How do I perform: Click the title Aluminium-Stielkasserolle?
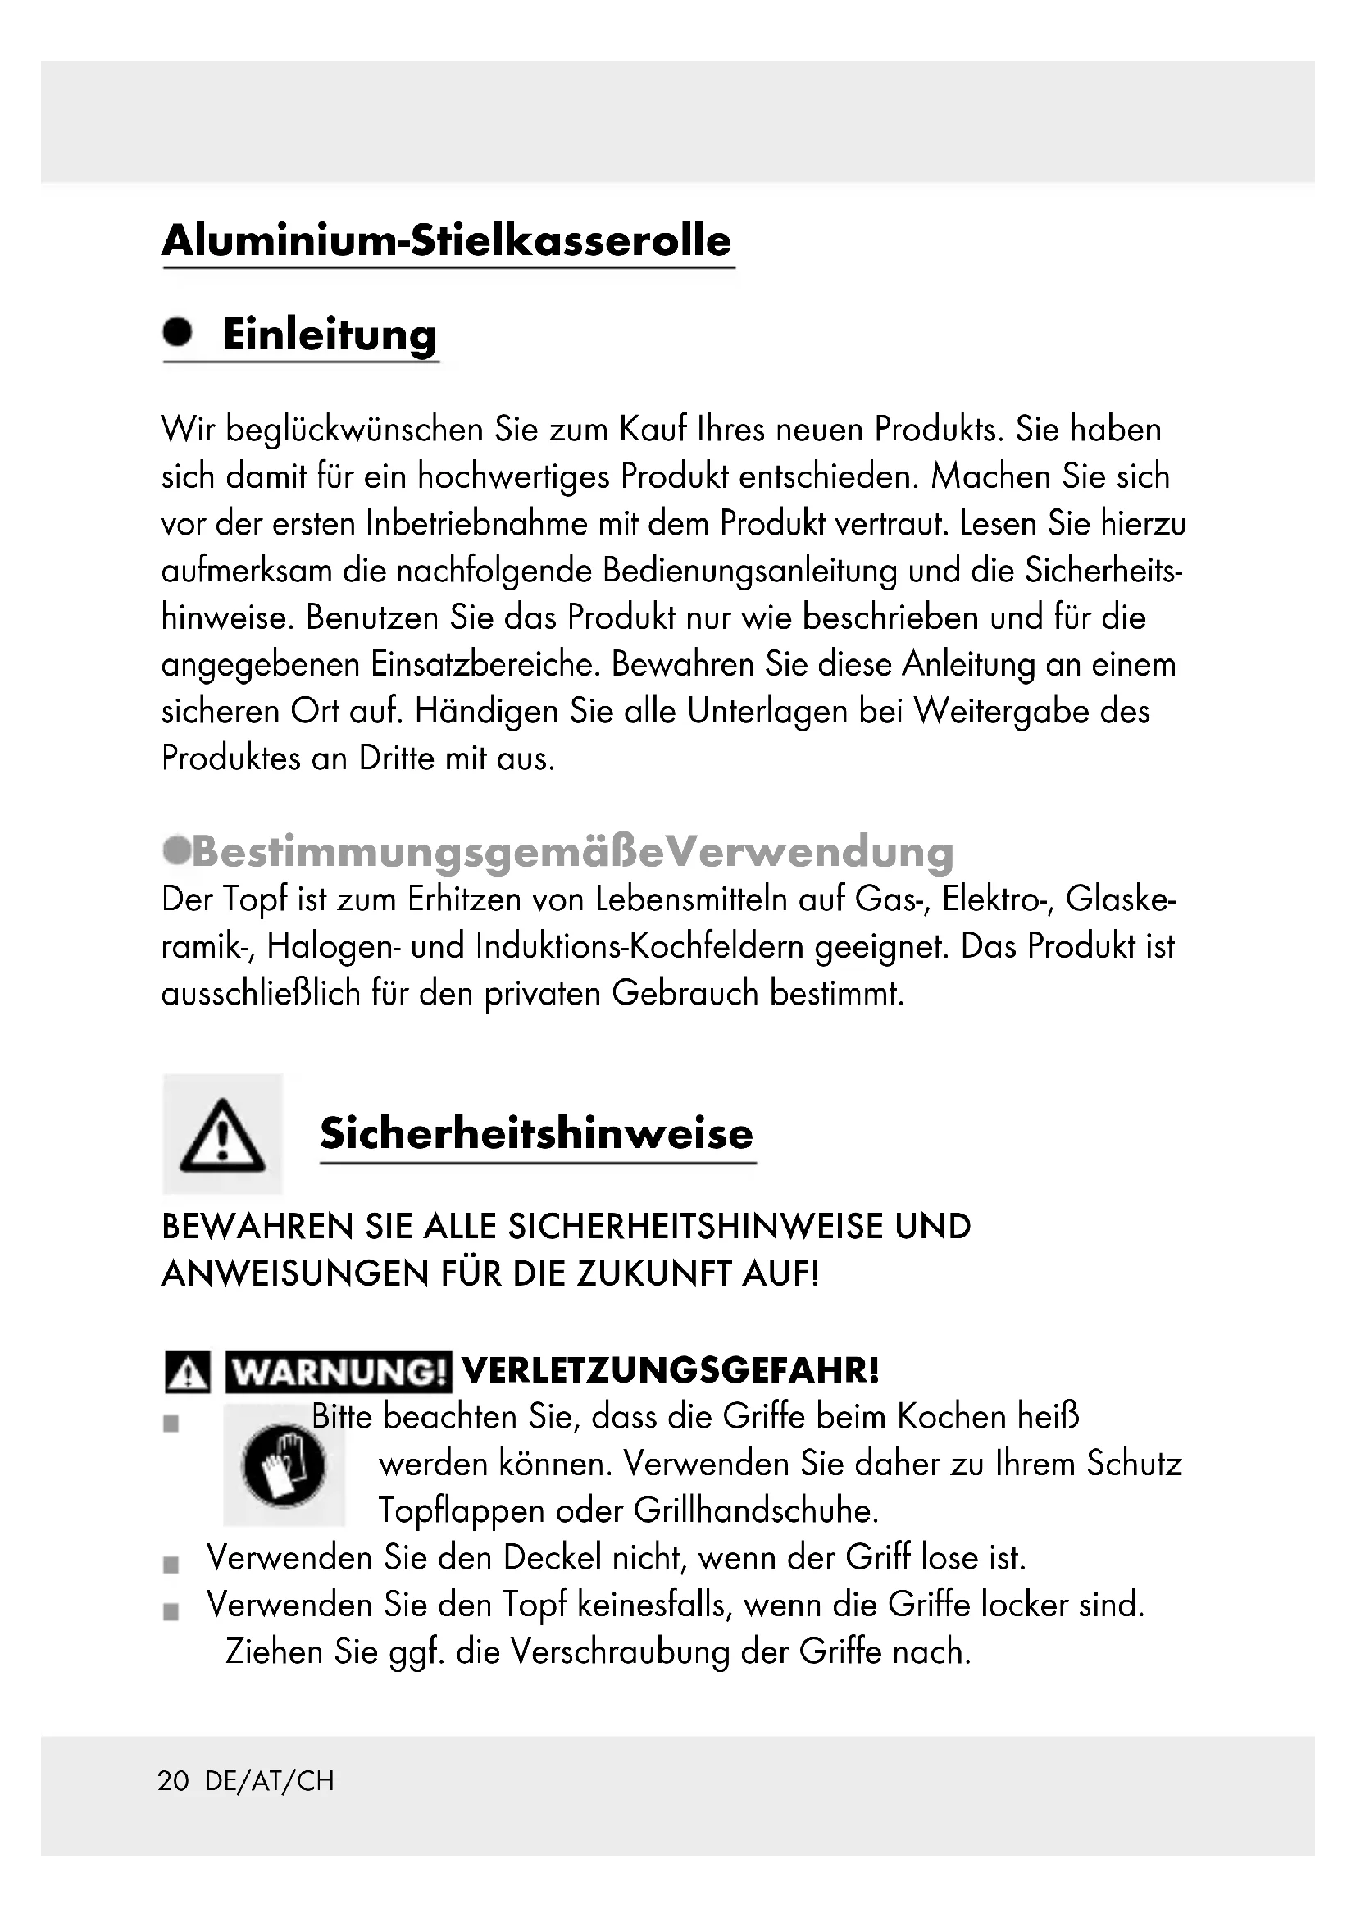coord(447,240)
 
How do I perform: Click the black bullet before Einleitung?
coord(177,331)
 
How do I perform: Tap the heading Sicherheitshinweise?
coord(536,1133)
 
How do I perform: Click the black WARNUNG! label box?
coord(338,1372)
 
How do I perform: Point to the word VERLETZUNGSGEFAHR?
coord(671,1370)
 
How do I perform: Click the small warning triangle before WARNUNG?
coord(187,1373)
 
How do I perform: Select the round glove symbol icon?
coord(283,1465)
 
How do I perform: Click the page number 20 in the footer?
coord(174,1782)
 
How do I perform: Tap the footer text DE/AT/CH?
coord(269,1782)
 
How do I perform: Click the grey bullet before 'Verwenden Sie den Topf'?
coord(171,1611)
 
